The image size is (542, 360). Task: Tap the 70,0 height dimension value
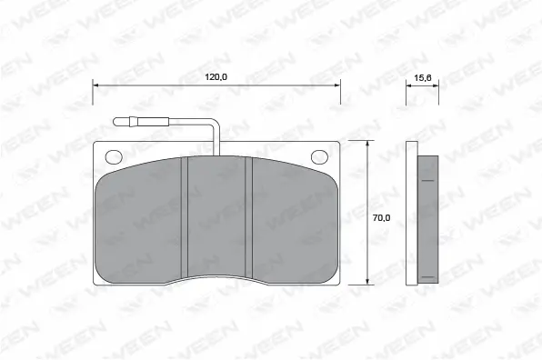click(x=382, y=217)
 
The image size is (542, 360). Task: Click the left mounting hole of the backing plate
click(x=113, y=155)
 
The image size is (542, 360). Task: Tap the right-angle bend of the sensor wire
click(x=215, y=123)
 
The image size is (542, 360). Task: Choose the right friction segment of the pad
click(x=291, y=223)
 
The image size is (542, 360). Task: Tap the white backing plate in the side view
click(x=411, y=214)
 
